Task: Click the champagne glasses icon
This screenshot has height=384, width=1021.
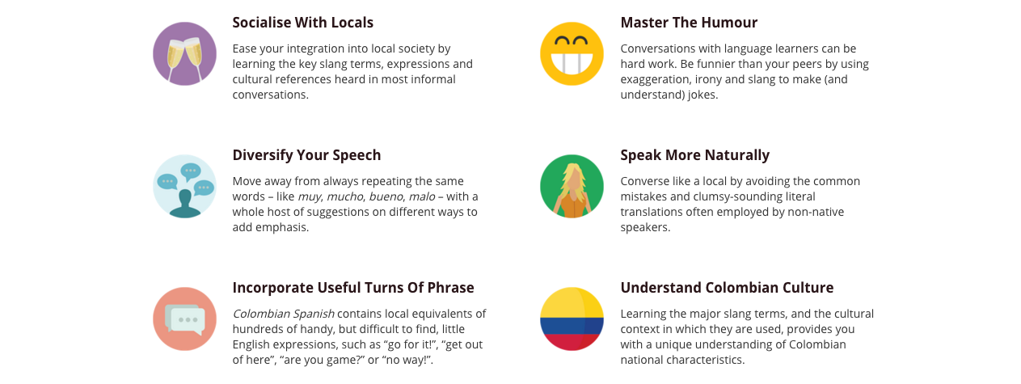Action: coord(184,53)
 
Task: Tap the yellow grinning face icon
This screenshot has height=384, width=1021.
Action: coord(572,53)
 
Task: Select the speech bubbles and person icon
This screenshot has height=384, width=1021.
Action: coord(184,186)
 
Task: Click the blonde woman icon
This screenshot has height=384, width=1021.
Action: coord(572,186)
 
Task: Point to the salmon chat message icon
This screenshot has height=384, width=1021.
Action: coord(184,319)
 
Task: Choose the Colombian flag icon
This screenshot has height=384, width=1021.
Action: coord(572,319)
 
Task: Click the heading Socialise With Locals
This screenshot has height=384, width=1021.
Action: coord(302,23)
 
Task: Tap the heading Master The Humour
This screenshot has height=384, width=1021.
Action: coord(689,23)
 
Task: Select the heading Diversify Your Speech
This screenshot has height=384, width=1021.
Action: coord(306,155)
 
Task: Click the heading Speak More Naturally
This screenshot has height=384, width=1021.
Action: coord(694,155)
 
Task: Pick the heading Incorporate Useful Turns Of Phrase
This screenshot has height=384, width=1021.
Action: coord(353,288)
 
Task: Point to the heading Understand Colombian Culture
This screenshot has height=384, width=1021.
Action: coord(727,288)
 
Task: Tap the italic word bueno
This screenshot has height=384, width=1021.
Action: coord(385,196)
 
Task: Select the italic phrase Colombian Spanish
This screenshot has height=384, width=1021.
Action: coord(283,314)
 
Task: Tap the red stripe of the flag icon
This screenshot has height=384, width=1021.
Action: coord(572,341)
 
